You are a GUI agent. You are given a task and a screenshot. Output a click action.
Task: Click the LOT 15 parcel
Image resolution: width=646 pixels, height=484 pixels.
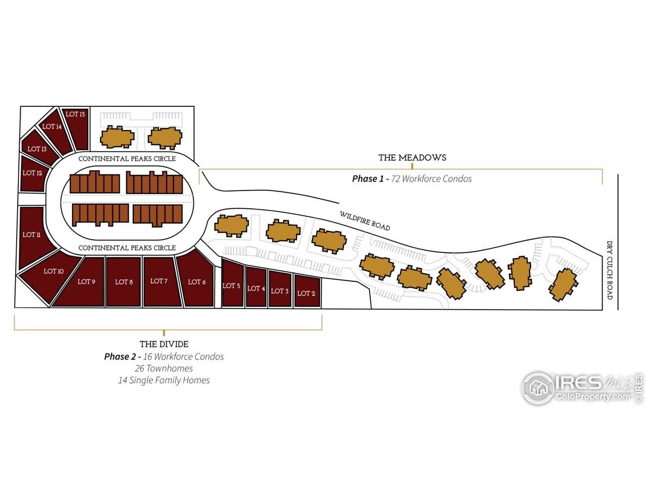click(76, 129)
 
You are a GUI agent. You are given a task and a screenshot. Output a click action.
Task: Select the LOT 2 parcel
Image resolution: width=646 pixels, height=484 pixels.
click(307, 291)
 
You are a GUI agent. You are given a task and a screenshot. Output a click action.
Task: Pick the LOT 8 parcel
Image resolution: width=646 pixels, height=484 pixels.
click(124, 282)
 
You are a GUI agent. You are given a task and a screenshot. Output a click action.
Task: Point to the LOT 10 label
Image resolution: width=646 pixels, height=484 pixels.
click(53, 271)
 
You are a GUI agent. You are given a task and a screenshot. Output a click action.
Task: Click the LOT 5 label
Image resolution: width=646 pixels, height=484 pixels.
click(231, 286)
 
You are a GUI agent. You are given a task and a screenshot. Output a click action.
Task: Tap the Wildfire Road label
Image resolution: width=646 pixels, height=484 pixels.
click(365, 221)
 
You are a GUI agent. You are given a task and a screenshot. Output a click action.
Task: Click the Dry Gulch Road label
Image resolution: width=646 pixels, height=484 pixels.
click(610, 270)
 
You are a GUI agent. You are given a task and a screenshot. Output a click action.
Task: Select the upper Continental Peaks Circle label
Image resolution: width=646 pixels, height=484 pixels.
click(127, 159)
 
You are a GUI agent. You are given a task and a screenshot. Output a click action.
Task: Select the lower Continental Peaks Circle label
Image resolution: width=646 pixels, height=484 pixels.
click(127, 248)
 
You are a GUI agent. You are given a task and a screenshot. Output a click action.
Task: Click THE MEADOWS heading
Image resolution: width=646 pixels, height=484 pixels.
click(412, 158)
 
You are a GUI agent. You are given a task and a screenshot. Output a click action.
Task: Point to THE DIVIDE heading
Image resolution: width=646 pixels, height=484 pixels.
click(164, 344)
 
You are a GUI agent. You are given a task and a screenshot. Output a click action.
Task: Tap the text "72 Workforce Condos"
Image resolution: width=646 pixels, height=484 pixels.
click(432, 178)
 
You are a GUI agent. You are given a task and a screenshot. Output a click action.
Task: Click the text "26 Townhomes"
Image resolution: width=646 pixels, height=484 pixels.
click(164, 369)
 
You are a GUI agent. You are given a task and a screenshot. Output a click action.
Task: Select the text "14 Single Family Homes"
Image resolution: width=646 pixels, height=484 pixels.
click(164, 380)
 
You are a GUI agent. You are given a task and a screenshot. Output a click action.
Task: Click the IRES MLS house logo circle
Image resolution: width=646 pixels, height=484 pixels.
click(539, 388)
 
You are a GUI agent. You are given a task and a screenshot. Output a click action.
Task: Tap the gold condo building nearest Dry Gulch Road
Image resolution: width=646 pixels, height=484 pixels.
click(563, 284)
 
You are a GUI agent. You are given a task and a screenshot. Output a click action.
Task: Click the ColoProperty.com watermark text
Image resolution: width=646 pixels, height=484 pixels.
click(593, 396)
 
